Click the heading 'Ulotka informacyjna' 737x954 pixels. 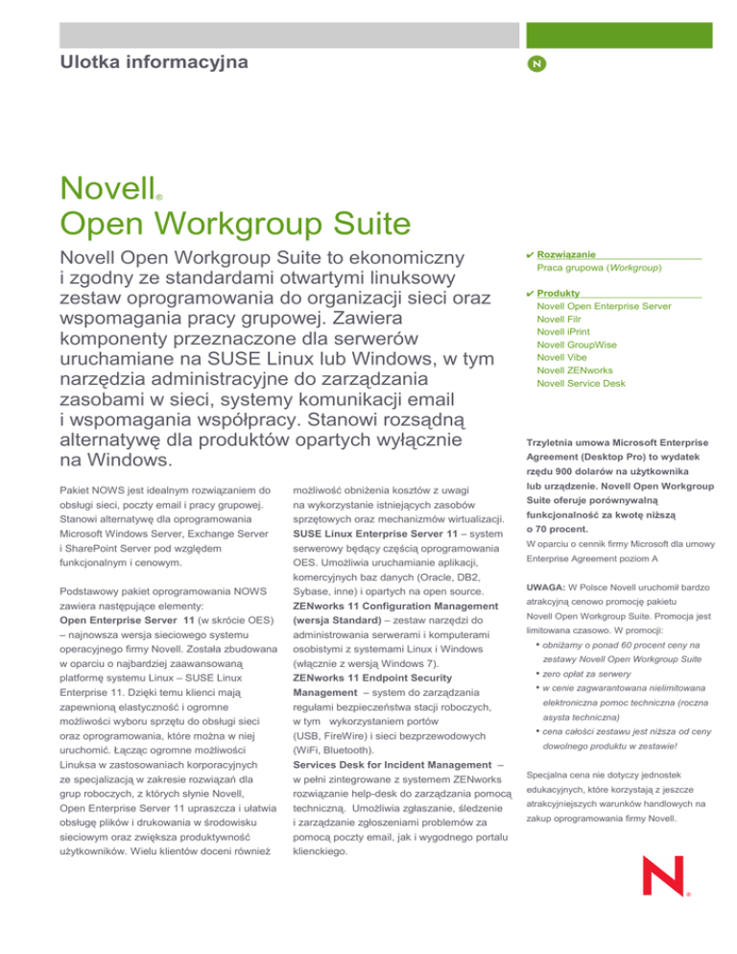153,63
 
